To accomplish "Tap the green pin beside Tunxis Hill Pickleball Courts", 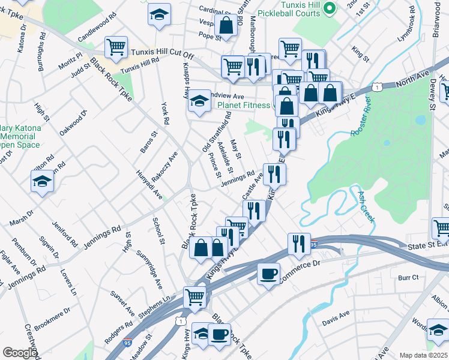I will point(329,8).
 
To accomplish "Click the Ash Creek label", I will point(366,206).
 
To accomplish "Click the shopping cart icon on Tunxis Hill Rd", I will point(116,46).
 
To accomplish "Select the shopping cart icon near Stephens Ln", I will point(195,296).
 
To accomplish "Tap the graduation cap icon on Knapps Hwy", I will point(199,100).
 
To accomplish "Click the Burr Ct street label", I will point(408,278).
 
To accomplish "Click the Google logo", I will point(20,353).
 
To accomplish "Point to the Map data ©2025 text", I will point(423,355).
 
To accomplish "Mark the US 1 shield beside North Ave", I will point(376,88).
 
